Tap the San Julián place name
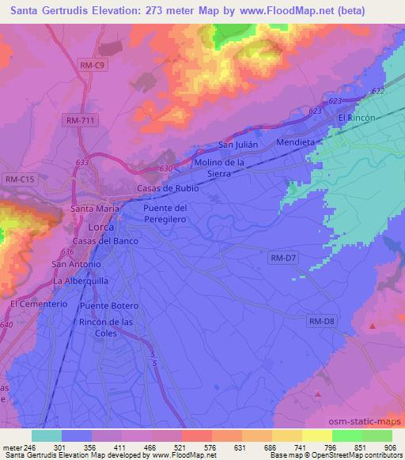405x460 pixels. pyautogui.click(x=235, y=145)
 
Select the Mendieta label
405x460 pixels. pyautogui.click(x=296, y=143)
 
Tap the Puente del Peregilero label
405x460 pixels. pyautogui.click(x=165, y=213)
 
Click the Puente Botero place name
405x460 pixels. pyautogui.click(x=109, y=306)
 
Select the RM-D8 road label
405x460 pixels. pyautogui.click(x=321, y=320)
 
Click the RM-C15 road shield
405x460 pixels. pyautogui.click(x=20, y=180)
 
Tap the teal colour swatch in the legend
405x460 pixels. pyautogui.click(x=46, y=435)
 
